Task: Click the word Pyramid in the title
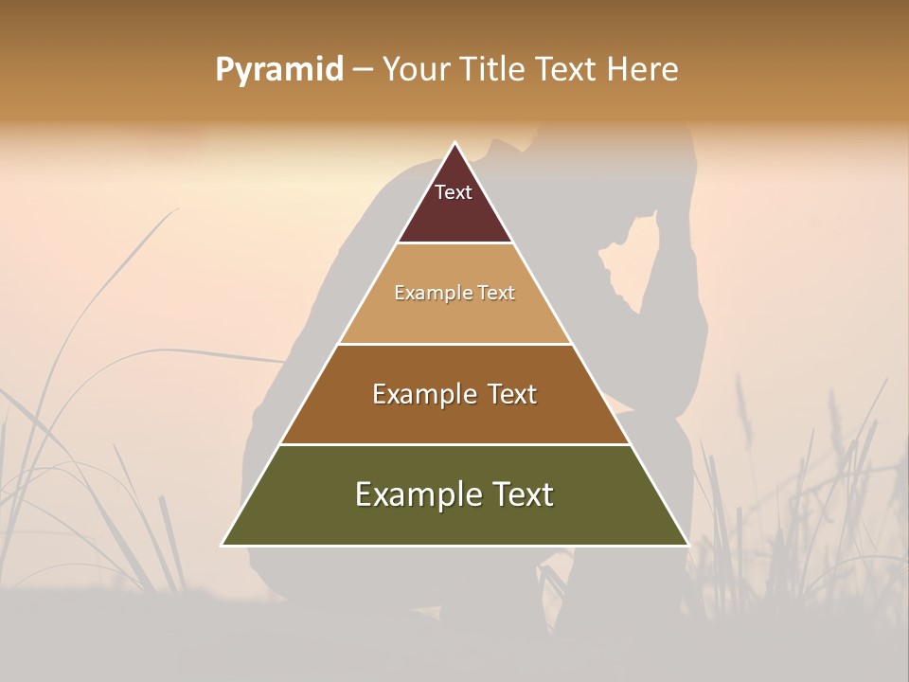(278, 70)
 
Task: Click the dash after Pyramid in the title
(363, 70)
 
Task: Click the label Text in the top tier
(454, 192)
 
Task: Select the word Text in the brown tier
(511, 394)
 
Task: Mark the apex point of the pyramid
(454, 143)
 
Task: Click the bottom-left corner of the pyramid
(223, 545)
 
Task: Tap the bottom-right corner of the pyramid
(687, 545)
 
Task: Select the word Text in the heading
(566, 70)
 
